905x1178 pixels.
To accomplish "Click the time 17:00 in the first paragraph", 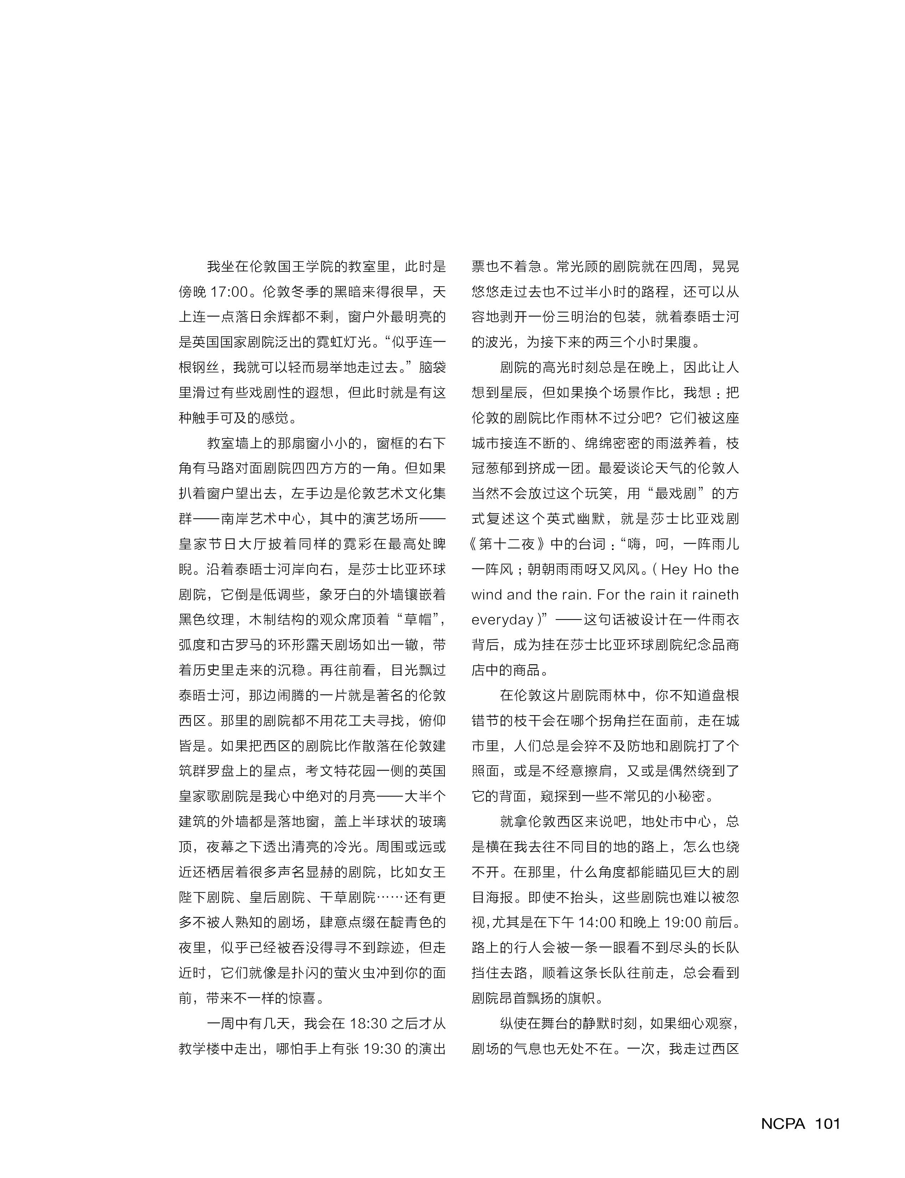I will (x=230, y=292).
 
